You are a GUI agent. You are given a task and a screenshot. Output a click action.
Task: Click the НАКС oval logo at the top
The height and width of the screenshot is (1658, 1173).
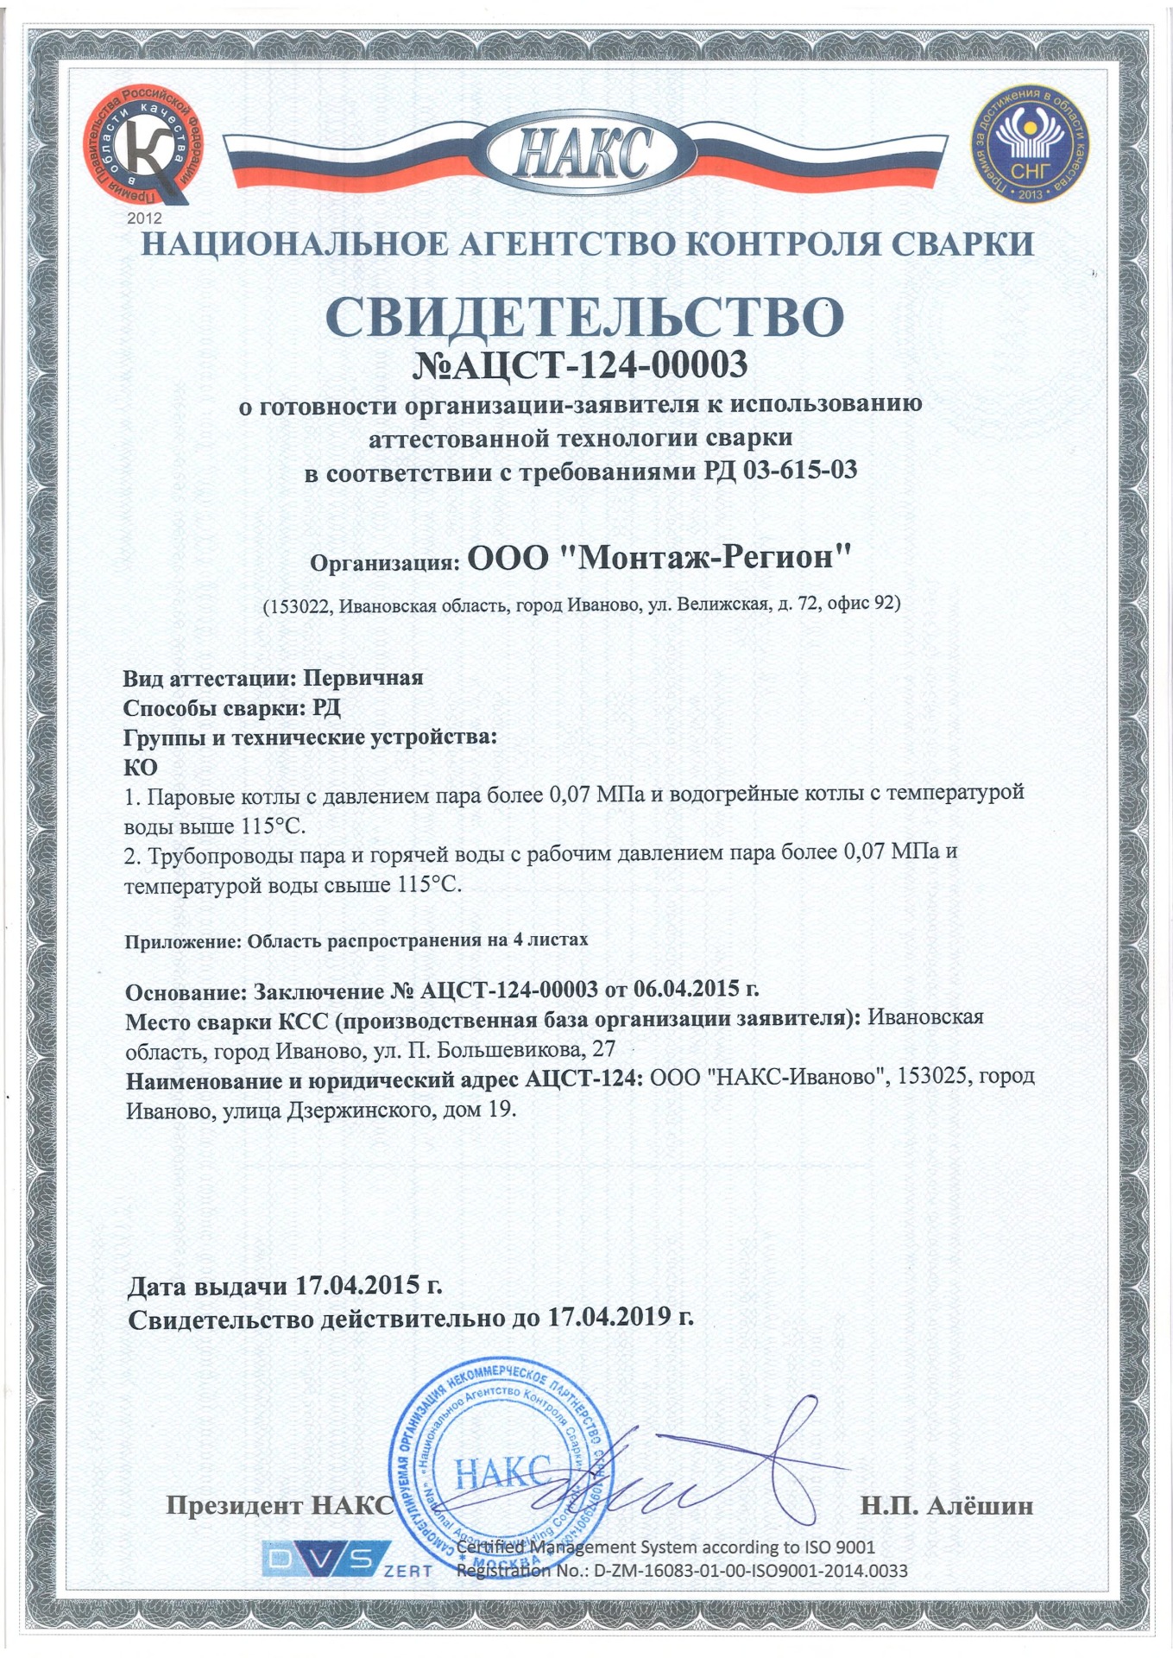click(x=585, y=156)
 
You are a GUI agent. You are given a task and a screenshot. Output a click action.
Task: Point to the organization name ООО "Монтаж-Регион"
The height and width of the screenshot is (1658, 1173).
click(x=659, y=558)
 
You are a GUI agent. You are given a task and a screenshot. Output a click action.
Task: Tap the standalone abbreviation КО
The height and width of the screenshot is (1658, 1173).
click(x=141, y=767)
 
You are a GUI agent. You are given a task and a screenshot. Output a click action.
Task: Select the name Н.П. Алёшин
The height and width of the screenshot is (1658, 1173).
click(x=946, y=1506)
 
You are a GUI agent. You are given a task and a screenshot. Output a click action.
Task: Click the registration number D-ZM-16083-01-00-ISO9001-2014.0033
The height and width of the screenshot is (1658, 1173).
click(x=750, y=1571)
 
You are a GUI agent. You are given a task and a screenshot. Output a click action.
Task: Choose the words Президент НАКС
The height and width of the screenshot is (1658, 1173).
click(x=279, y=1506)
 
